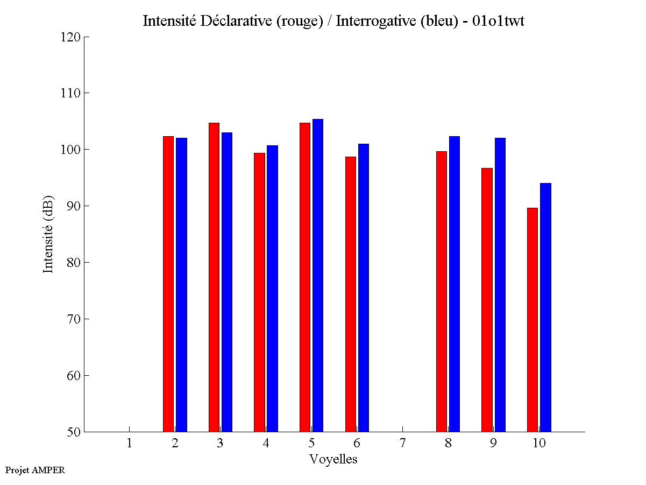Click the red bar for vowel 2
168,284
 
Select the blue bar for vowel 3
227,282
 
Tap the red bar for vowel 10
533,320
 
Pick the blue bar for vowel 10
545,307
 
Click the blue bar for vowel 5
318,276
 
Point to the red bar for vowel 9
487,300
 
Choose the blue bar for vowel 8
455,284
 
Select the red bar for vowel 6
351,294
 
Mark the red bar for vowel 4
259,292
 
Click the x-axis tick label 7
402,444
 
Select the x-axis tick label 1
129,444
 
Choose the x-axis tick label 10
539,444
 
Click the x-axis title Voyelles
333,459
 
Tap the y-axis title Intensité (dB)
48,234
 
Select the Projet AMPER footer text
35,470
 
